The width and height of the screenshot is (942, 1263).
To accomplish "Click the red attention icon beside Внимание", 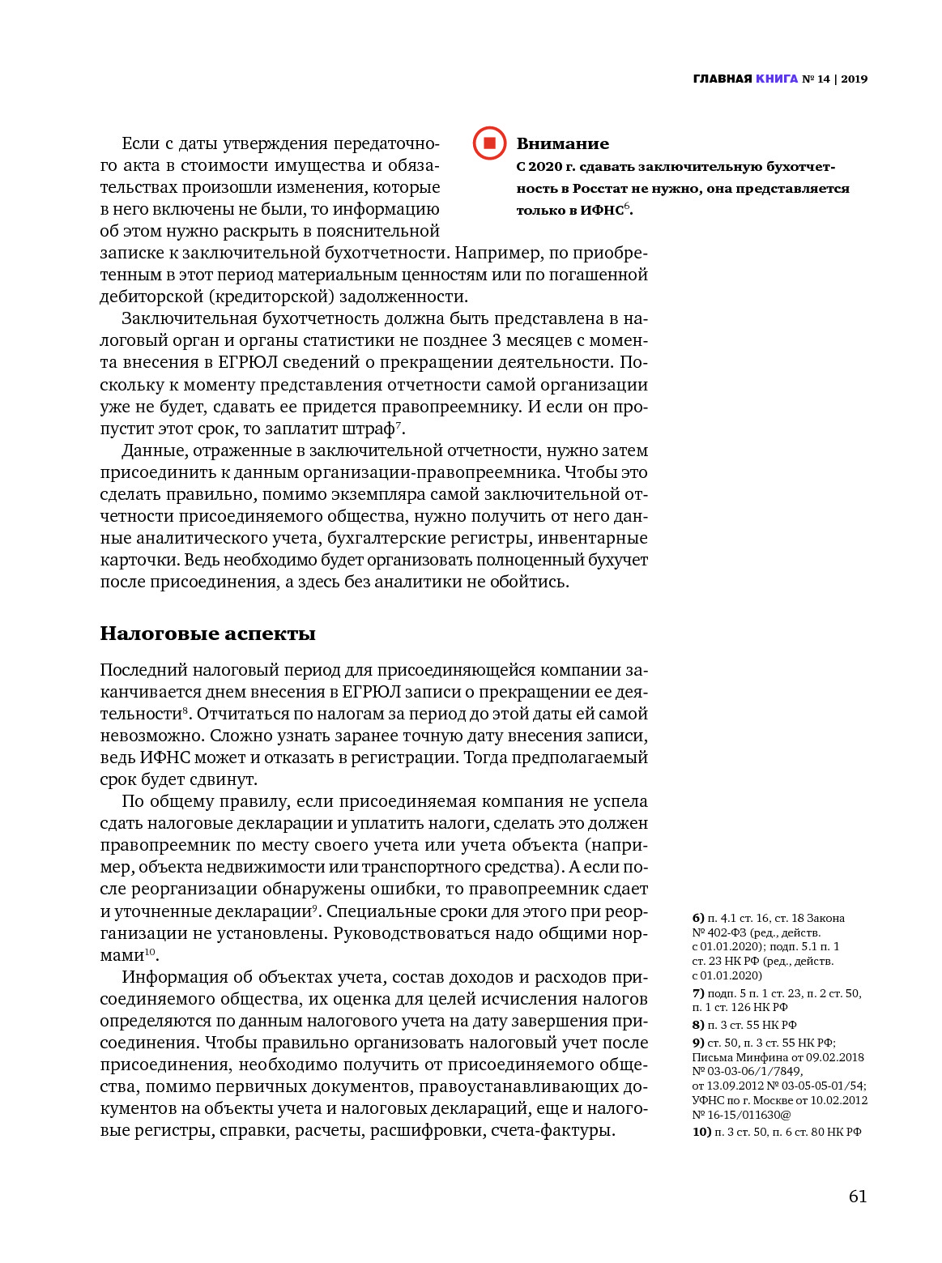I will (x=489, y=143).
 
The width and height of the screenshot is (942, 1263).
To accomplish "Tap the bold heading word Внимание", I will (x=562, y=144).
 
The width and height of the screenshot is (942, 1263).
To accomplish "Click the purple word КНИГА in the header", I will (x=777, y=79).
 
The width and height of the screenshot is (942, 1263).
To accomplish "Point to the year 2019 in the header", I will (x=854, y=79).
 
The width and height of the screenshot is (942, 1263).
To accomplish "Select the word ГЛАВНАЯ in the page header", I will (x=722, y=79).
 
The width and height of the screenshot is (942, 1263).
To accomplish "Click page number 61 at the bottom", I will (x=858, y=1197).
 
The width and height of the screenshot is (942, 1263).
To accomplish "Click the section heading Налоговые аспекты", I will (x=207, y=634).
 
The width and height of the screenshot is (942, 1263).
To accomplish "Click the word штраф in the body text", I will (x=369, y=429).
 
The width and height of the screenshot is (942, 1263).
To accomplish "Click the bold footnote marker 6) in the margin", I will (x=698, y=918).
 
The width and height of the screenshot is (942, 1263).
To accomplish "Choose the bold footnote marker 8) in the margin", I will (x=698, y=1025).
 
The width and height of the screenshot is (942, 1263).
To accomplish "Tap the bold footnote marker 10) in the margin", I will (x=701, y=1132).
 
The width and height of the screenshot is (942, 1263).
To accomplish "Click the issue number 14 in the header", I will (x=823, y=79).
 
